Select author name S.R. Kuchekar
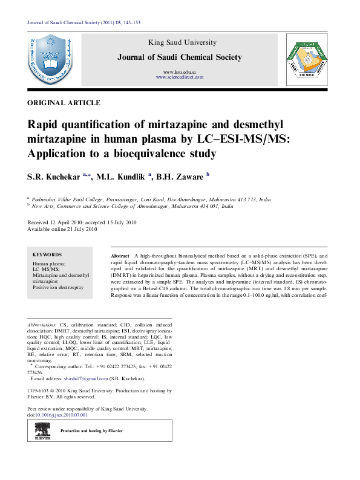pos(53,177)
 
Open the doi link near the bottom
pos(58,415)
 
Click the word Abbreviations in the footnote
pos(43,325)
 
